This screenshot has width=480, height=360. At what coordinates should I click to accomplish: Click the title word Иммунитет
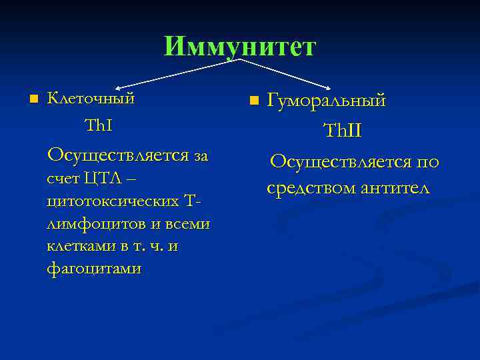[239, 46]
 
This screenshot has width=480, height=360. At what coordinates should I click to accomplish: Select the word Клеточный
[91, 99]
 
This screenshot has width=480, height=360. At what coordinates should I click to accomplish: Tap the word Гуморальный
[327, 101]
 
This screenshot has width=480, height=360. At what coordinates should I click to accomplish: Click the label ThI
[98, 126]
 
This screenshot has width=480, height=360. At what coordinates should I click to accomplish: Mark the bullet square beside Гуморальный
[253, 101]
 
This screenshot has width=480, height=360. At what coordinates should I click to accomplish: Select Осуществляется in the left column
[117, 155]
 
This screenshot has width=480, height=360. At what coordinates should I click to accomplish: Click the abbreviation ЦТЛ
[102, 179]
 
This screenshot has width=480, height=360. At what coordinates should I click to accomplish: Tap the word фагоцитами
[94, 269]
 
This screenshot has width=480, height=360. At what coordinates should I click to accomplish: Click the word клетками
[81, 246]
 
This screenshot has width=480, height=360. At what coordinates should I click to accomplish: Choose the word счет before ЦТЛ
[63, 179]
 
